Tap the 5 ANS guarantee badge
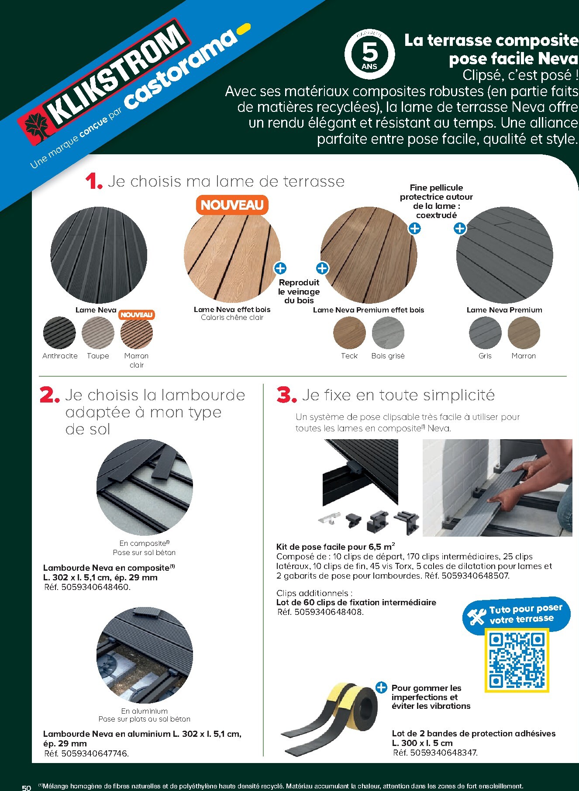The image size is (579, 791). pyautogui.click(x=369, y=54)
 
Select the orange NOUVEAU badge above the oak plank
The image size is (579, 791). pyautogui.click(x=232, y=205)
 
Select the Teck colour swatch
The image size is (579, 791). pyautogui.click(x=349, y=333)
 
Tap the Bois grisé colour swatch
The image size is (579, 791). pyautogui.click(x=388, y=333)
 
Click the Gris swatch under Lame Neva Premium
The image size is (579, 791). pyautogui.click(x=485, y=333)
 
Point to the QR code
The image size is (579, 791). pyautogui.click(x=517, y=660)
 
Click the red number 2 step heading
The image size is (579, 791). pyautogui.click(x=49, y=395)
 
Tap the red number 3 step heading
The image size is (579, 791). pyautogui.click(x=287, y=395)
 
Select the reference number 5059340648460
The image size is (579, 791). pyautogui.click(x=96, y=587)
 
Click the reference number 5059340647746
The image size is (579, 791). pyautogui.click(x=95, y=753)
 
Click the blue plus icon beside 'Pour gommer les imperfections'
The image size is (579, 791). pyautogui.click(x=381, y=687)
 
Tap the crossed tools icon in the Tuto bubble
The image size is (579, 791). pyautogui.click(x=476, y=616)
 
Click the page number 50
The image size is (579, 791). pyautogui.click(x=26, y=788)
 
